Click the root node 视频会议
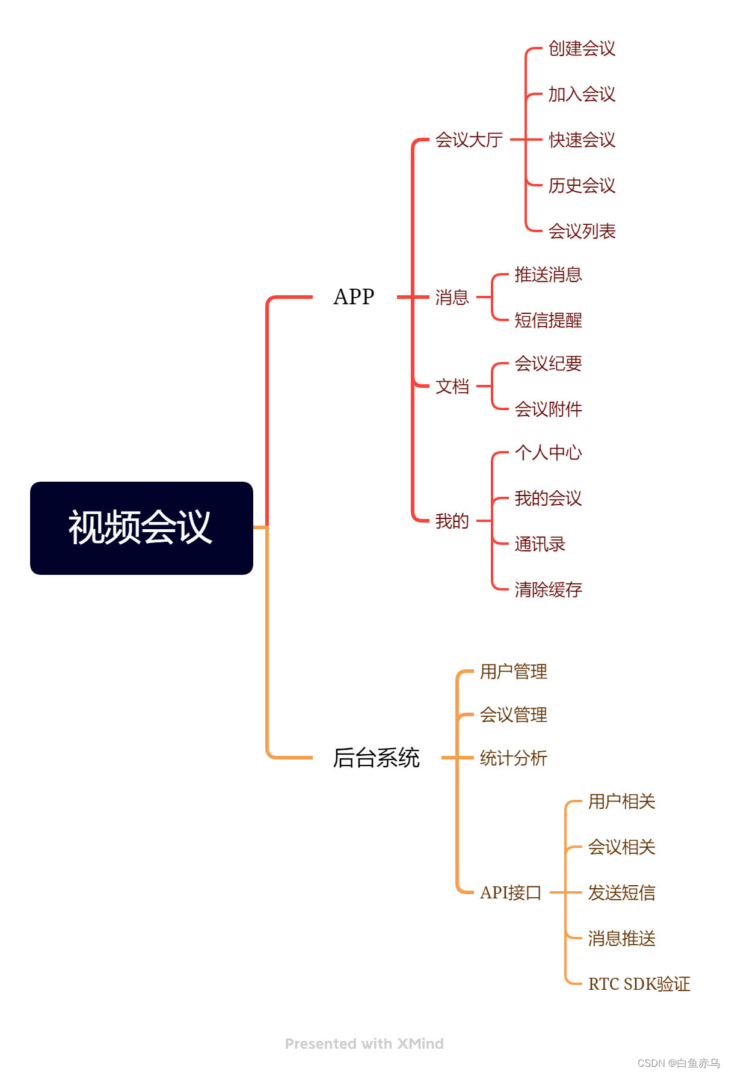[x=141, y=528]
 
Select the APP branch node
[x=354, y=296]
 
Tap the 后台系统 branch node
[x=376, y=758]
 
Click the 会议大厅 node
[x=469, y=140]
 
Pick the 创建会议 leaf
[x=582, y=48]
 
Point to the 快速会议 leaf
[x=582, y=140]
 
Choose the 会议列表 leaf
[x=582, y=231]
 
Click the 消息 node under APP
[x=452, y=297]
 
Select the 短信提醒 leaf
[x=548, y=320]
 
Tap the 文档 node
[x=452, y=386]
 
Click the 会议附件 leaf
[x=548, y=409]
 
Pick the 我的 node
[x=452, y=521]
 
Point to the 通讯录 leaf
[x=540, y=544]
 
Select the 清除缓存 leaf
[x=548, y=589]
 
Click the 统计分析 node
[x=513, y=758]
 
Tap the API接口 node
[x=510, y=892]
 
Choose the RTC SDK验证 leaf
[x=639, y=984]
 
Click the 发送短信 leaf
[x=621, y=892]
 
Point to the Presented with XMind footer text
[x=364, y=1043]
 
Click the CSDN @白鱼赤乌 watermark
[x=678, y=1063]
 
